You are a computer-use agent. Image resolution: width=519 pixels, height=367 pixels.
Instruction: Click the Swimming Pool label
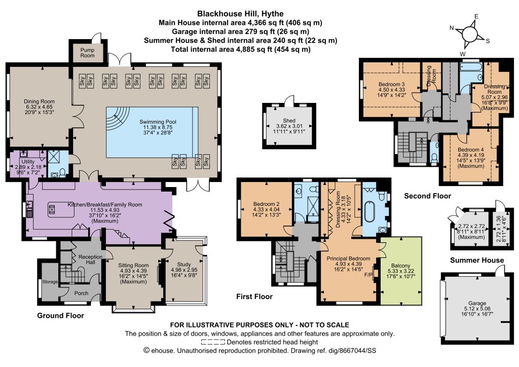[158, 122]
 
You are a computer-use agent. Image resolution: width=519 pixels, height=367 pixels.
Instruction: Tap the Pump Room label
[87, 53]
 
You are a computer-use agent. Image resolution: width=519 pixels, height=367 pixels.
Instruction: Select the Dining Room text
[39, 101]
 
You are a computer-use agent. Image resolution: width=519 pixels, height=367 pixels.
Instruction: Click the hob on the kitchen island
[52, 210]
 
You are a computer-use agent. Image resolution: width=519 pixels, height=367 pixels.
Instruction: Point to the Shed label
[289, 121]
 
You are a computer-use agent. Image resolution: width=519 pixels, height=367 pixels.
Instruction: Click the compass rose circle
[469, 34]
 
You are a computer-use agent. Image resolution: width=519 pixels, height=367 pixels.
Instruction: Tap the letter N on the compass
[452, 28]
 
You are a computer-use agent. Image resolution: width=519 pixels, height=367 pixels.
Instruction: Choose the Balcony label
[400, 266]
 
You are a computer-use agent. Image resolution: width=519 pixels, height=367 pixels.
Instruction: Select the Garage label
[477, 303]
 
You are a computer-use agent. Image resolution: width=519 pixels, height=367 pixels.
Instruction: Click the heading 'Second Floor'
[427, 196]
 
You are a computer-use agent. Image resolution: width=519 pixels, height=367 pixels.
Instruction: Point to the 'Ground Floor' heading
[61, 315]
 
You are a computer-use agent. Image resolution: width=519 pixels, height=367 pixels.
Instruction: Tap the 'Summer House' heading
[477, 260]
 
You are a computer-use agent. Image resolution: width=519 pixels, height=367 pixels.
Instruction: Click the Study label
[183, 265]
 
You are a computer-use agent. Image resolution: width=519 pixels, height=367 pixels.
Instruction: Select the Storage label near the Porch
[50, 282]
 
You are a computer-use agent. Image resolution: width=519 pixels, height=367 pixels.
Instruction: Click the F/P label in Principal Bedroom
[368, 275]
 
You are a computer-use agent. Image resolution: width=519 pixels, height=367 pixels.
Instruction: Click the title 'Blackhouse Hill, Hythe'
[240, 14]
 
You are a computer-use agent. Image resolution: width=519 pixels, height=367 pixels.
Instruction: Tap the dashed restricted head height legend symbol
[213, 342]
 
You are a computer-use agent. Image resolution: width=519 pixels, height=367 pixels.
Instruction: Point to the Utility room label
[28, 162]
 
